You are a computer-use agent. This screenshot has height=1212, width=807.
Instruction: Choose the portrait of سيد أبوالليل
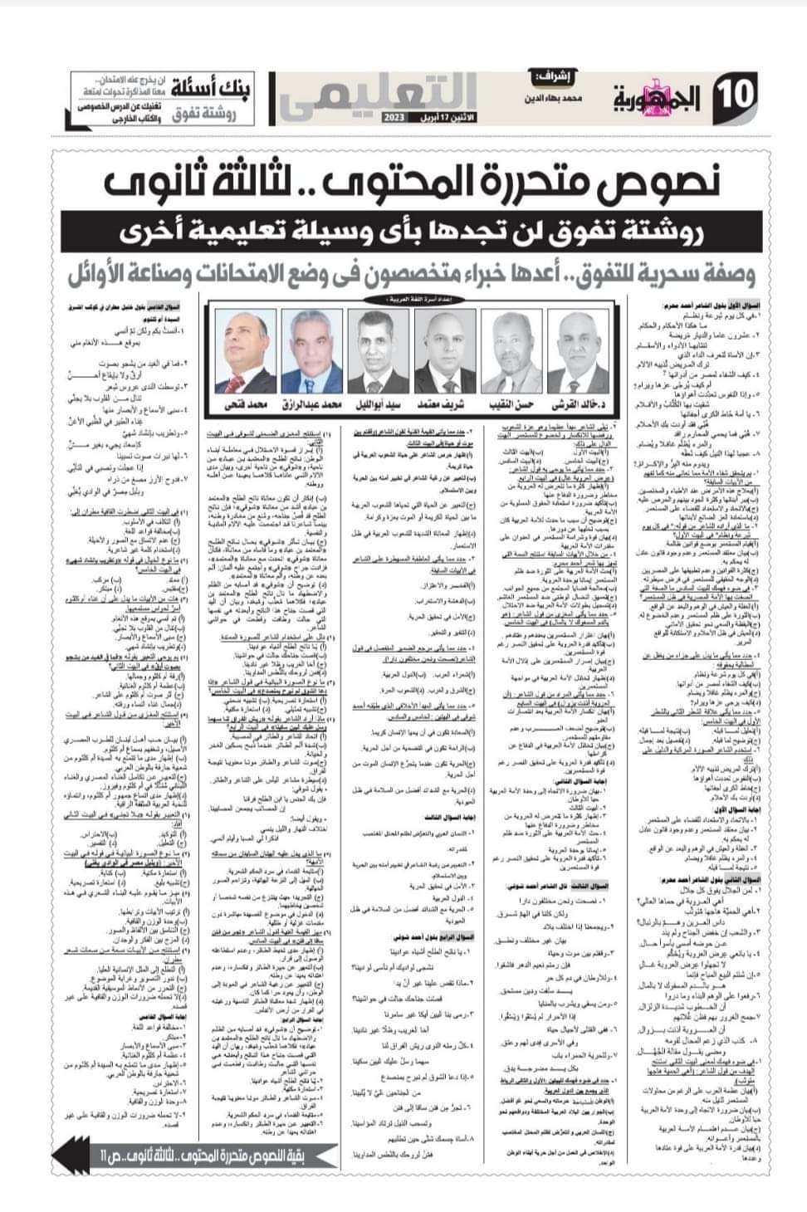(374, 350)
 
